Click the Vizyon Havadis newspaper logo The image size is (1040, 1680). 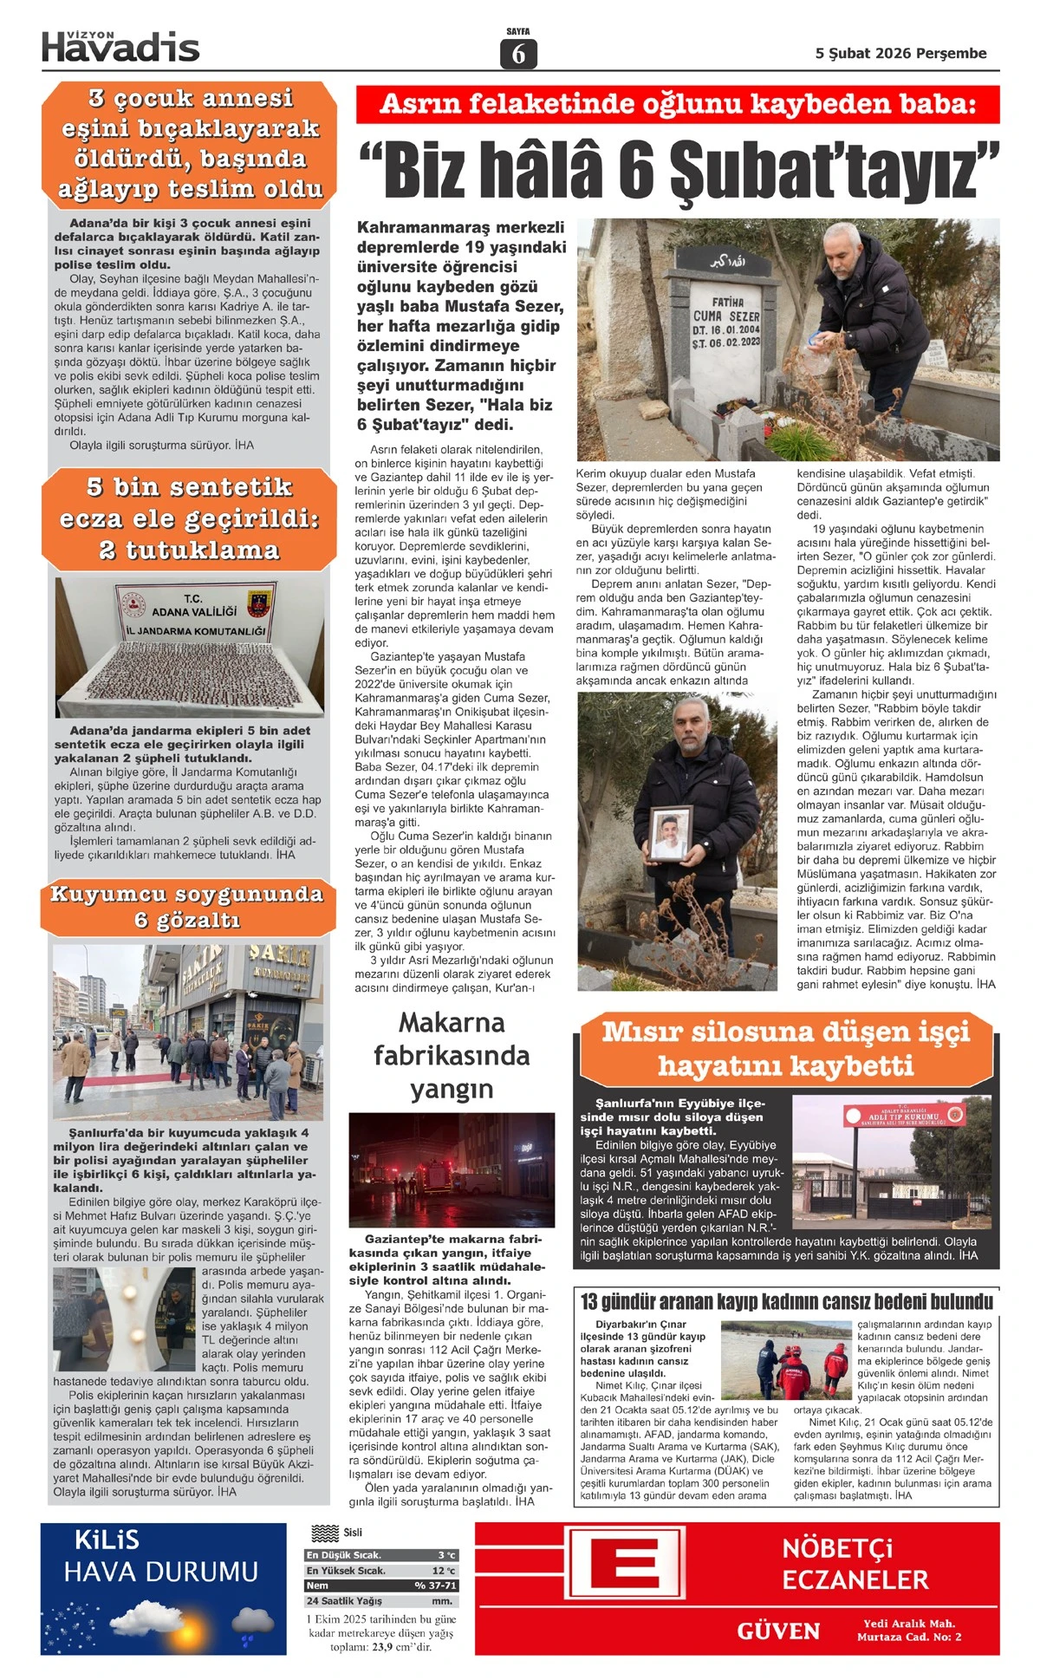pos(120,47)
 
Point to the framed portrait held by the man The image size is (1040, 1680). pos(671,833)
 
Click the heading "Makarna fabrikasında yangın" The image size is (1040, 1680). pos(452,1055)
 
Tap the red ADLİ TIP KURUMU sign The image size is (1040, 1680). pos(904,1116)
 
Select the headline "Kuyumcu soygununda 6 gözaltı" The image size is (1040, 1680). pos(187,907)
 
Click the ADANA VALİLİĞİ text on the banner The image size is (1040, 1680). pos(194,612)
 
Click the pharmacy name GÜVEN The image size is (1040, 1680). pos(778,1631)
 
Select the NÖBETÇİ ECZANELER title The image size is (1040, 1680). pos(855,1565)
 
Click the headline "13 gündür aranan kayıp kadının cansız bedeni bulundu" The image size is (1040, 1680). pos(786,1302)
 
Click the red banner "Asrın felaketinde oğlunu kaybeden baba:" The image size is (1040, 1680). pos(678,105)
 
